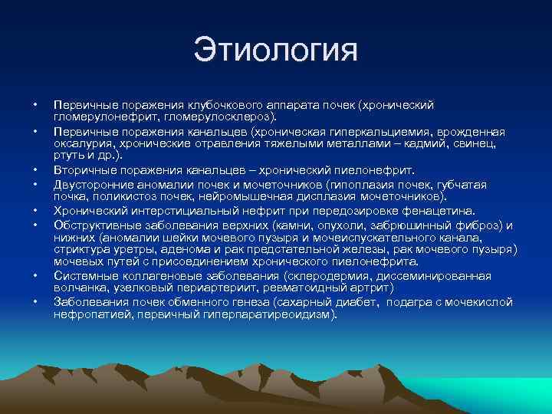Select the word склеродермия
(x=327, y=275)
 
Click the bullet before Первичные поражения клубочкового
(x=34, y=104)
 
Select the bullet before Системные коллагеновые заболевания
(x=34, y=275)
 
